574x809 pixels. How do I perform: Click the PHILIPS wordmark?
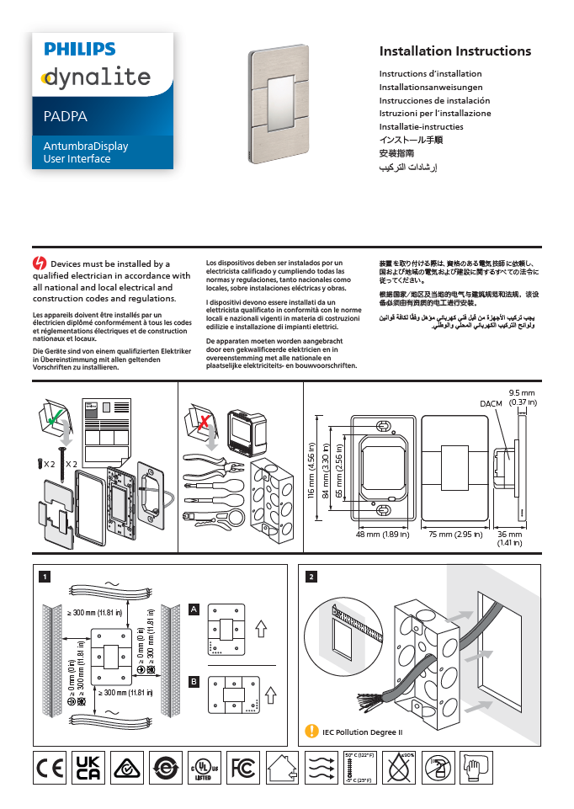(80, 51)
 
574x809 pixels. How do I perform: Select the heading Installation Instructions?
(454, 51)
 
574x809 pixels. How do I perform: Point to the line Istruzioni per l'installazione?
(434, 113)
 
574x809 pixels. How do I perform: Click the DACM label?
(491, 405)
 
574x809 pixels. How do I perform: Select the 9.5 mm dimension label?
(523, 393)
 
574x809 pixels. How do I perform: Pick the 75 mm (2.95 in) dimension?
(454, 534)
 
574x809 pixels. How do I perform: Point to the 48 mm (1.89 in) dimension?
(382, 534)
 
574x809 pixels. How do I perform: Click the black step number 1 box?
(45, 577)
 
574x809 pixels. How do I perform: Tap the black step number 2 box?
(312, 577)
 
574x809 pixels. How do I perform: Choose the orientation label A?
(194, 609)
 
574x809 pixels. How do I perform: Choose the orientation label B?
(194, 681)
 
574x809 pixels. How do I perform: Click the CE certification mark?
(49, 767)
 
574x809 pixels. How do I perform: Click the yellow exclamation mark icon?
(312, 732)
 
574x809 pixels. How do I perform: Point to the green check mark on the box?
(54, 417)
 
